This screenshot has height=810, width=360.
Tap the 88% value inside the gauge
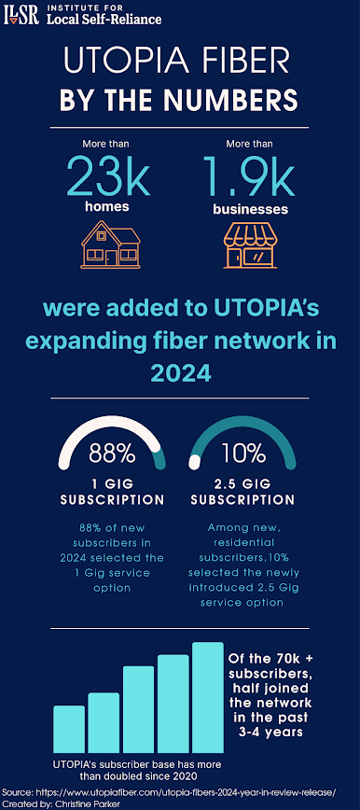click(112, 454)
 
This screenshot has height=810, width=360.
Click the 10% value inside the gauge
click(242, 454)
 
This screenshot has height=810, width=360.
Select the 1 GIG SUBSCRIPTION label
click(112, 492)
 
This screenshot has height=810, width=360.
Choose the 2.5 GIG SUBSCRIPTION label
click(242, 492)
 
